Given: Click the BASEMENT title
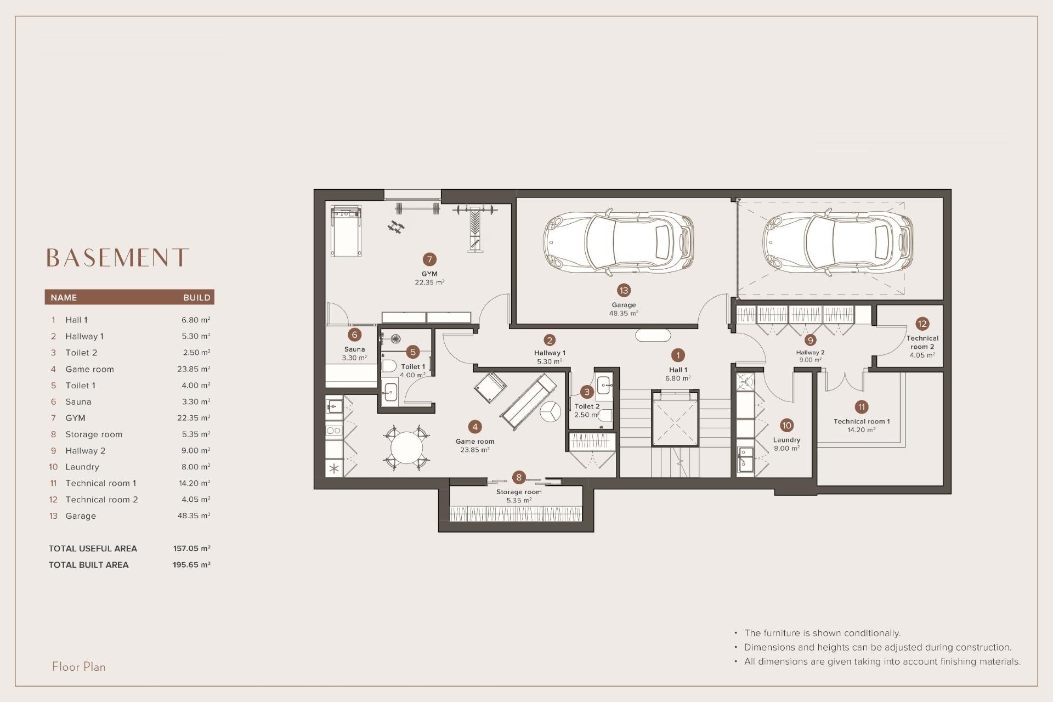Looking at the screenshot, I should (x=117, y=257).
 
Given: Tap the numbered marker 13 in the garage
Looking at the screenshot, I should (x=624, y=290).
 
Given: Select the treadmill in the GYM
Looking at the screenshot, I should (x=346, y=230).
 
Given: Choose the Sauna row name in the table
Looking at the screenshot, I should (x=78, y=401).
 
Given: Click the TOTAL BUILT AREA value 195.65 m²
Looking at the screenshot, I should (x=191, y=564).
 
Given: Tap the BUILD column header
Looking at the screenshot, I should (x=196, y=297).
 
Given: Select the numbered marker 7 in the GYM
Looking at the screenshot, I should (x=429, y=259).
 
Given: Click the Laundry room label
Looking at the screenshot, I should (x=786, y=440).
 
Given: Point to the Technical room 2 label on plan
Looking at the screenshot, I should (x=922, y=342).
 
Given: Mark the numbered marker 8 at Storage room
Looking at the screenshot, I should (x=519, y=478).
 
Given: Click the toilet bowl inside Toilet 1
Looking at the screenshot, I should (x=389, y=366).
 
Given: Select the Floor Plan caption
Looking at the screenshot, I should (x=78, y=666).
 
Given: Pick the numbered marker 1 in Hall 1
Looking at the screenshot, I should (x=678, y=355).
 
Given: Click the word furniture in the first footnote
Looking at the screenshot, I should (x=785, y=633).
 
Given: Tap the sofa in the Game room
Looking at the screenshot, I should (x=527, y=402).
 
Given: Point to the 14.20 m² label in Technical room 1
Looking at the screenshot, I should (x=861, y=430).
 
